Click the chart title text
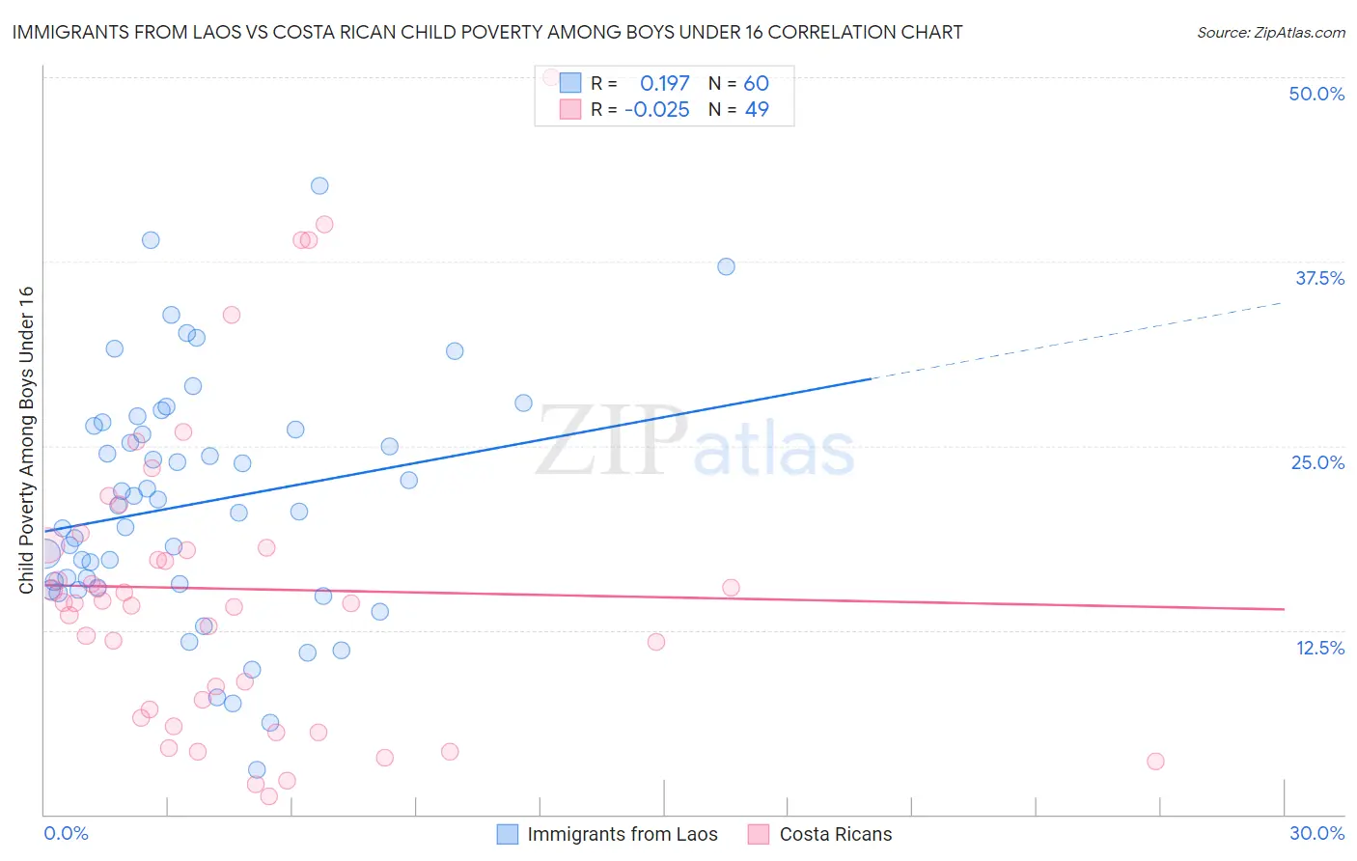[487, 32]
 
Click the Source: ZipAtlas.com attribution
[1270, 32]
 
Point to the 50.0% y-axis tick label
[1316, 94]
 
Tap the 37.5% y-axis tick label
[1319, 278]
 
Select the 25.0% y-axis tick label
[1317, 462]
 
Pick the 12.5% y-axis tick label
[1319, 648]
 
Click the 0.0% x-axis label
[66, 833]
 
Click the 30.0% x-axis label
[1316, 833]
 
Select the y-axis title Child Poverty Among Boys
[26, 440]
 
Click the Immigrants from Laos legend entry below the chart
[622, 834]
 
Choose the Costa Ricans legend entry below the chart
[835, 834]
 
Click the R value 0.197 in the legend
[664, 83]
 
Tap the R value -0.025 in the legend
[656, 109]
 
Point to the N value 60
[756, 83]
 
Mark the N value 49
[757, 109]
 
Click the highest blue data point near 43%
[319, 185]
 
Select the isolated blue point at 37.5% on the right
[726, 266]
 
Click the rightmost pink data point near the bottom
[1155, 761]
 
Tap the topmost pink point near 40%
[324, 224]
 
